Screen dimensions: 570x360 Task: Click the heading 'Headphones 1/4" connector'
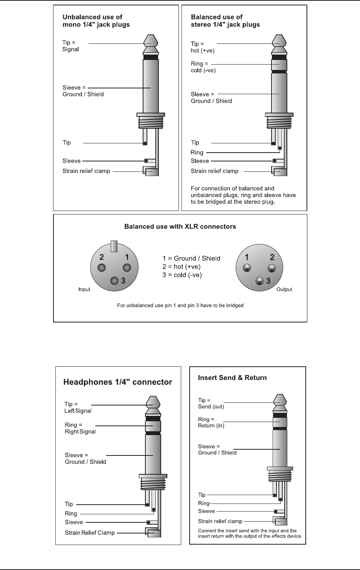pos(117,382)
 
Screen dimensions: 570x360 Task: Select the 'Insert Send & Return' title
pos(232,377)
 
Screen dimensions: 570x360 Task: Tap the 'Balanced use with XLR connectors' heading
pos(180,226)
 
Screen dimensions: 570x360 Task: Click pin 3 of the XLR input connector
pos(114,281)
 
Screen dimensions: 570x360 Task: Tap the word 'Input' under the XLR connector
pos(84,289)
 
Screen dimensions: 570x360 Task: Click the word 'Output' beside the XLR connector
pos(284,289)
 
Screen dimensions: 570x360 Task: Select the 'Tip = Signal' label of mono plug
pos(70,46)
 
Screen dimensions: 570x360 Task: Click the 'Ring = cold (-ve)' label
pos(203,67)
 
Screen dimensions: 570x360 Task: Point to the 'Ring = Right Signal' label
pos(80,428)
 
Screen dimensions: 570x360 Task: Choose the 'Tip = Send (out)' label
pos(211,403)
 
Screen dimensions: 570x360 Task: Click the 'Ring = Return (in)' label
pos(211,422)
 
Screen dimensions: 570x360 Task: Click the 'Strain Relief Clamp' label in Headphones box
pos(90,533)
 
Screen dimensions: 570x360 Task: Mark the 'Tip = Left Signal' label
pos(78,407)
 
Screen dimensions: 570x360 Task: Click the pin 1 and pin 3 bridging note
pos(180,306)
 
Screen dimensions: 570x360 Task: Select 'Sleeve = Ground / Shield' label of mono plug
pos(83,91)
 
